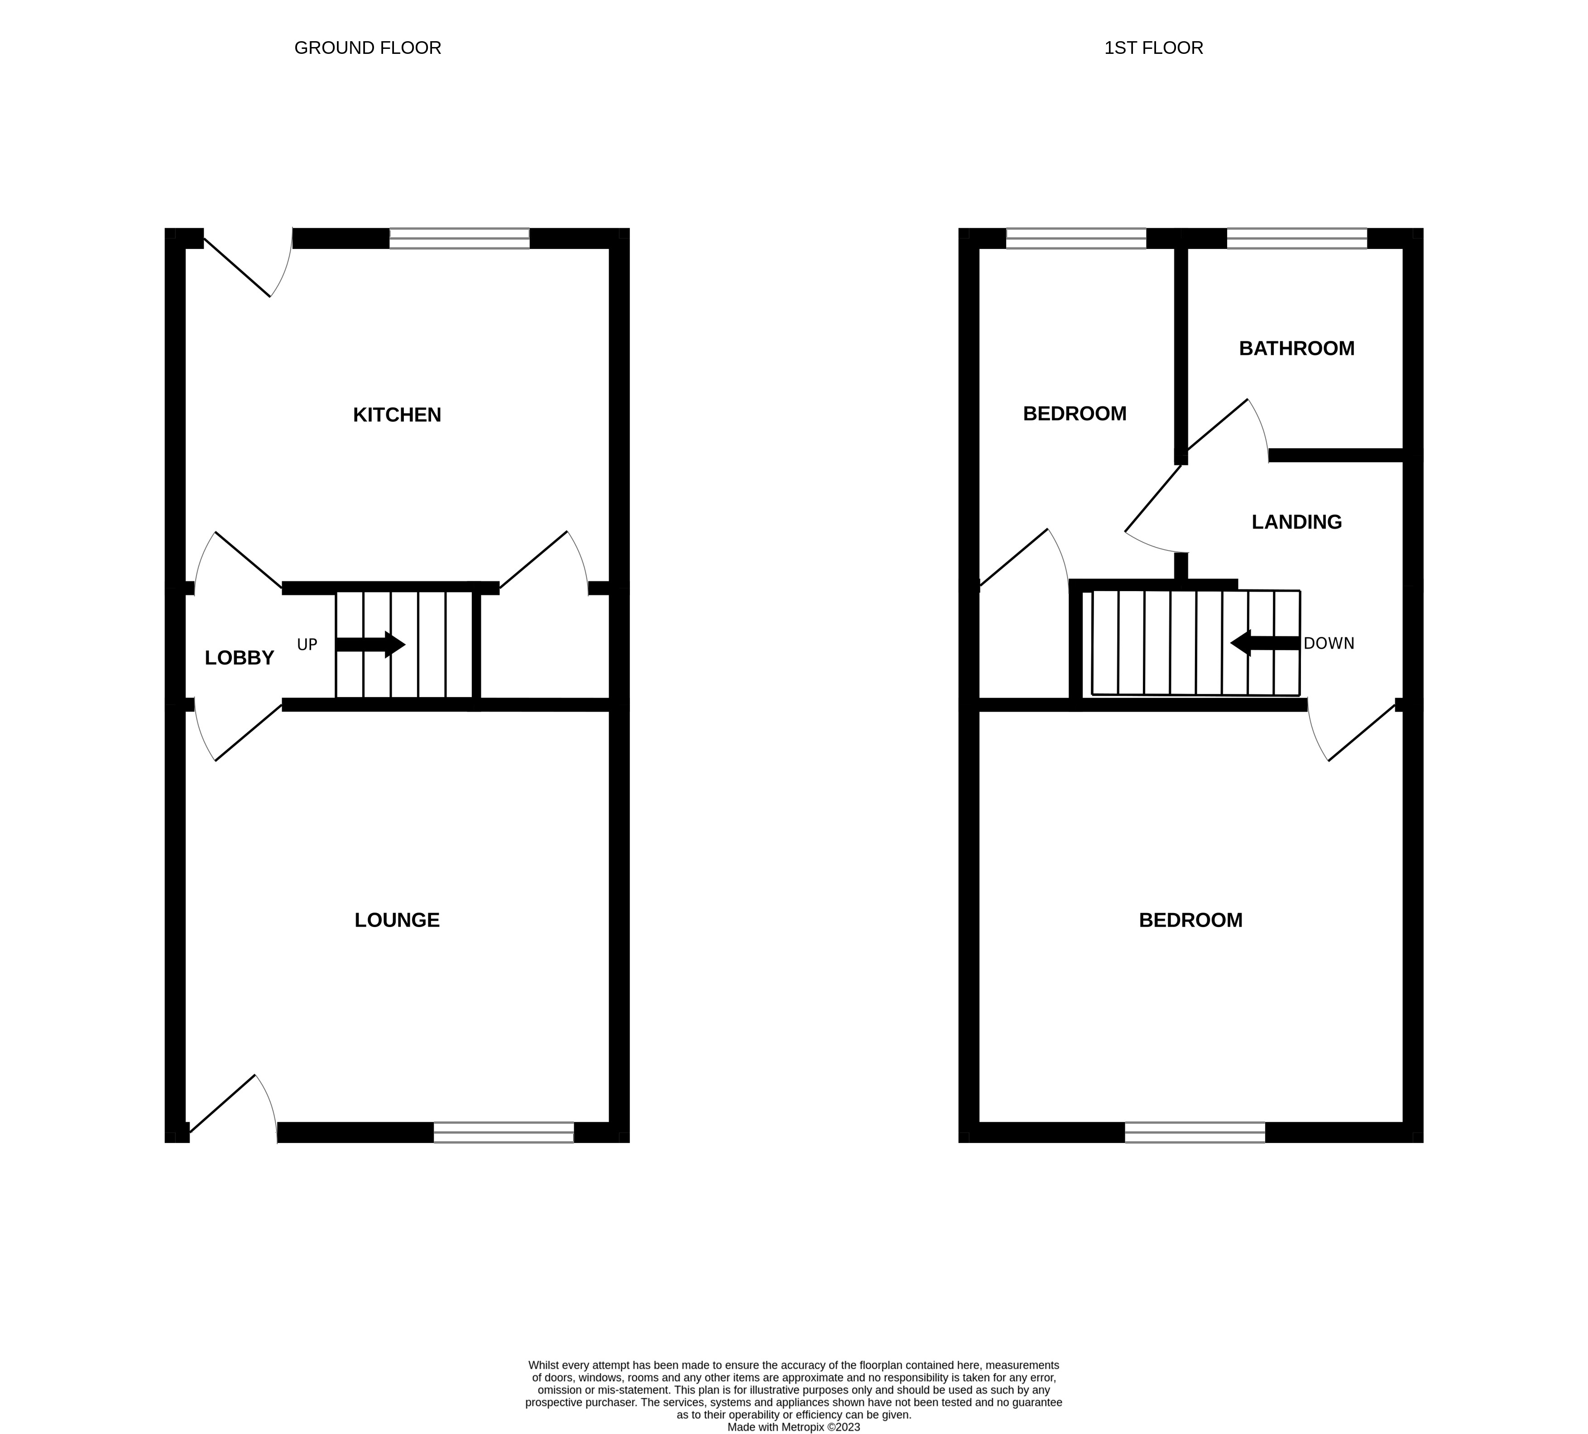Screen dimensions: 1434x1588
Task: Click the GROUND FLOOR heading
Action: [367, 48]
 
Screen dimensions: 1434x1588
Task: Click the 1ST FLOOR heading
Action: [1153, 48]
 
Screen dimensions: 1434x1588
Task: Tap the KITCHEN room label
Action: [397, 415]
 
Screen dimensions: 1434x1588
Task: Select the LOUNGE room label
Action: [397, 920]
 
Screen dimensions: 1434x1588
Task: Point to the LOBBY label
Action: [240, 658]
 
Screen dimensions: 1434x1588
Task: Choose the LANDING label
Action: [1296, 521]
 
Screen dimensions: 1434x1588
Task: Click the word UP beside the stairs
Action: [307, 645]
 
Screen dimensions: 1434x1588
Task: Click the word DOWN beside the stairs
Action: [1329, 643]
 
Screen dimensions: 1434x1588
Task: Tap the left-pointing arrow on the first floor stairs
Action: [1264, 643]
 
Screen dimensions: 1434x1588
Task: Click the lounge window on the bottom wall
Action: [504, 1133]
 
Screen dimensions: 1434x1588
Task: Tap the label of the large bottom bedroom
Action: [1190, 920]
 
